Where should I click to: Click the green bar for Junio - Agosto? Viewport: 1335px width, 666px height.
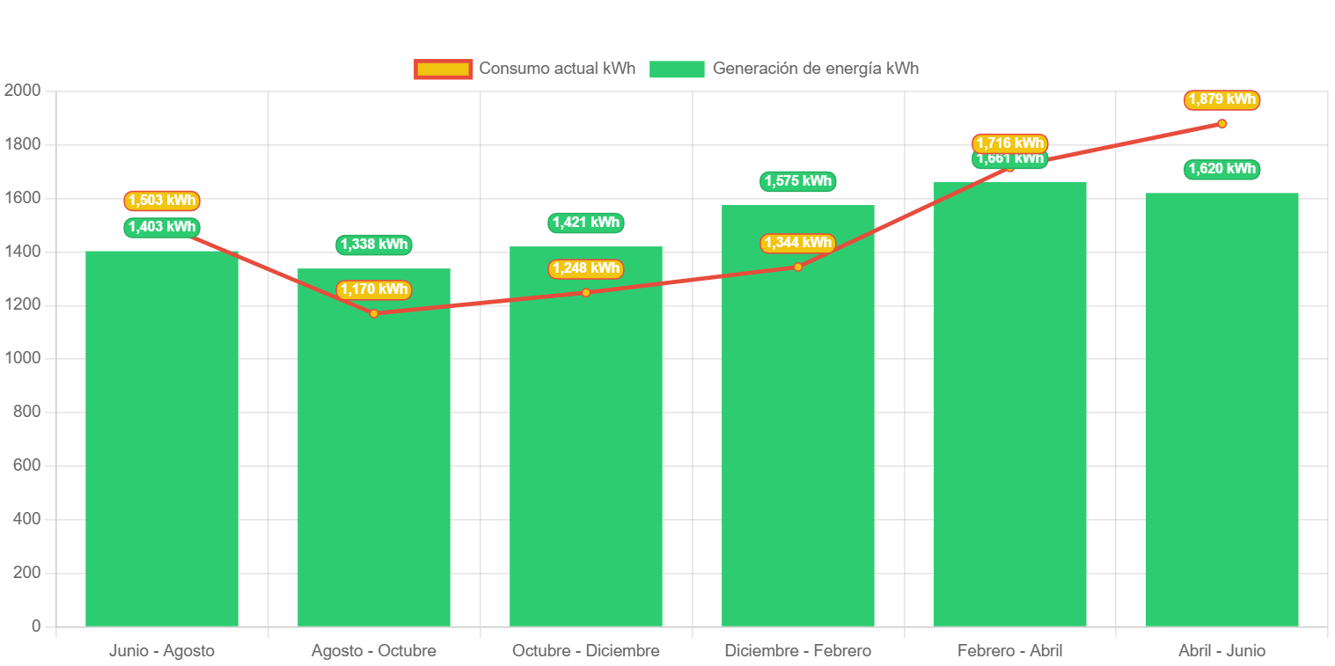click(x=162, y=440)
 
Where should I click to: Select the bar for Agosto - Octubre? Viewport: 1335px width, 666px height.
click(x=374, y=449)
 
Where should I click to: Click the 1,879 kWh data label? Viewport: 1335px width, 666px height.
click(x=1221, y=99)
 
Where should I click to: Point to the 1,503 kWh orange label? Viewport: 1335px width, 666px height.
click(x=162, y=201)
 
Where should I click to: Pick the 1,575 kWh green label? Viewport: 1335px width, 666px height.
click(x=797, y=181)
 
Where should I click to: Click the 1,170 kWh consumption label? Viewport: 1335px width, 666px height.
click(x=374, y=289)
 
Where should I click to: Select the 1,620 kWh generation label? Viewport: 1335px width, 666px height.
click(x=1221, y=169)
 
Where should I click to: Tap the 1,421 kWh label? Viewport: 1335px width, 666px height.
click(x=586, y=223)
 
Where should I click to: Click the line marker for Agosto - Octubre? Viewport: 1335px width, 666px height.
click(x=374, y=313)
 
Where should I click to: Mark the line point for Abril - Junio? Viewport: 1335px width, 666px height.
click(x=1221, y=123)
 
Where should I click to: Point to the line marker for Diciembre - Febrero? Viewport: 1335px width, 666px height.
click(x=797, y=267)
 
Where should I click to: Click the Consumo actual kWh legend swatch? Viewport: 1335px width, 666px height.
click(x=444, y=69)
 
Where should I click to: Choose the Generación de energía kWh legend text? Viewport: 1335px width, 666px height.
click(x=815, y=69)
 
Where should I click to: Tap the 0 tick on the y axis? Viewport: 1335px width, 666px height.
click(x=36, y=626)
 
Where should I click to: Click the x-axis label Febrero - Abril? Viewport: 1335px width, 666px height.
click(x=1009, y=651)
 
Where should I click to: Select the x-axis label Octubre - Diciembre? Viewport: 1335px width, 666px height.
click(x=586, y=651)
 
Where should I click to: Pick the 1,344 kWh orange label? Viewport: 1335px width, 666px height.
click(x=797, y=243)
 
